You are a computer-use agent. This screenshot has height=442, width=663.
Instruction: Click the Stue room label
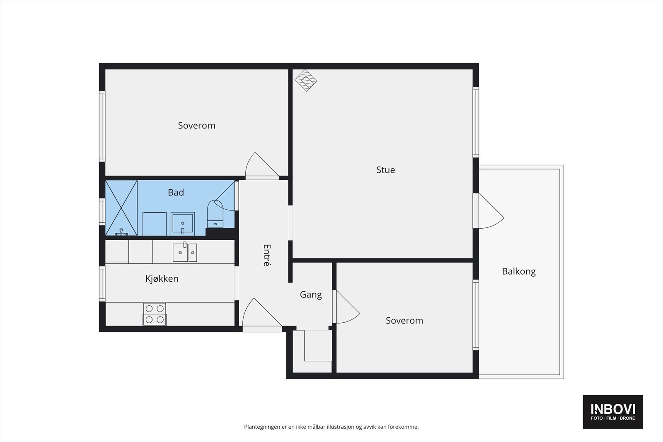pyautogui.click(x=385, y=170)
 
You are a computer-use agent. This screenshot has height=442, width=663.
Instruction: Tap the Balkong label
pyautogui.click(x=519, y=271)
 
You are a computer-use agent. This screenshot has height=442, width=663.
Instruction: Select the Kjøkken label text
pyautogui.click(x=162, y=278)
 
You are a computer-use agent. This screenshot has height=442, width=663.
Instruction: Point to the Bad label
pyautogui.click(x=176, y=192)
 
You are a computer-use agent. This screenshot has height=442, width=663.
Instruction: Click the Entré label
pyautogui.click(x=267, y=255)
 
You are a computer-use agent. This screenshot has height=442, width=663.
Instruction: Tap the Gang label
pyautogui.click(x=311, y=295)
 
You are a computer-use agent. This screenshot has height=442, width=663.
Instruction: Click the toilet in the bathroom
pyautogui.click(x=215, y=214)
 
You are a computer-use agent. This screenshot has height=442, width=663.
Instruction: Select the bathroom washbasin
pyautogui.click(x=183, y=224)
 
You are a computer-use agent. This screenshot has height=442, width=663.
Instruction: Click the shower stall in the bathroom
pyautogui.click(x=121, y=208)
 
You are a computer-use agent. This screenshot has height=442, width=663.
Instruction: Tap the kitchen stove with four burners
pyautogui.click(x=155, y=314)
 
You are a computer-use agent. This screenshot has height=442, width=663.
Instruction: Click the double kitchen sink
pyautogui.click(x=185, y=252)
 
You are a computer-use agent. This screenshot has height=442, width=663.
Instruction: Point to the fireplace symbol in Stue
pyautogui.click(x=306, y=80)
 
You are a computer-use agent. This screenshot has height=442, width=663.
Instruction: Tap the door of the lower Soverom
pyautogui.click(x=346, y=307)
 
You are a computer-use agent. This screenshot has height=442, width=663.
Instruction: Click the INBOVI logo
pyautogui.click(x=613, y=411)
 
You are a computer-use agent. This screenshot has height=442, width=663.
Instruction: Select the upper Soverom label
pyautogui.click(x=196, y=126)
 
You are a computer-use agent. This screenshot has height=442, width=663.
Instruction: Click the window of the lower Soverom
pyautogui.click(x=476, y=315)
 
